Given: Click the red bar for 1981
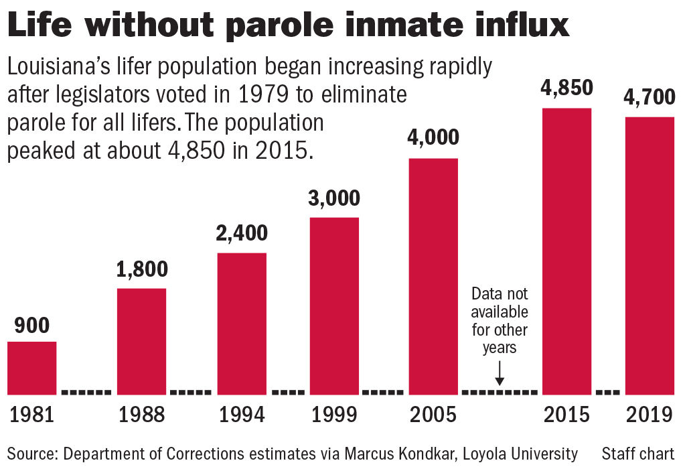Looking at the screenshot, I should tap(31, 368).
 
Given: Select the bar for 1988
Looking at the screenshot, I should tap(141, 341).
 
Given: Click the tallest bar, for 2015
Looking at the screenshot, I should tap(566, 251).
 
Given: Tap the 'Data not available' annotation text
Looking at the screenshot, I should tap(500, 321).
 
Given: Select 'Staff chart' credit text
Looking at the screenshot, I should tap(637, 454).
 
